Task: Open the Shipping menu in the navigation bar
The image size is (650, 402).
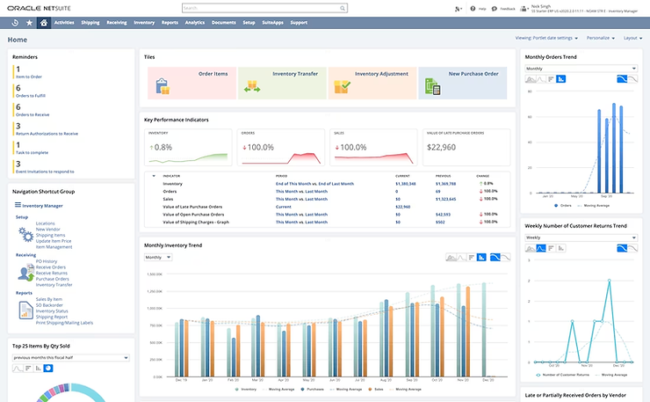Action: [x=90, y=22]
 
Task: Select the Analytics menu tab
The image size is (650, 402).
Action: [x=195, y=22]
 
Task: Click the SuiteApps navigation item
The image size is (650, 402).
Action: [x=274, y=22]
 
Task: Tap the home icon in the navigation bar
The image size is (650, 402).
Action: [x=44, y=22]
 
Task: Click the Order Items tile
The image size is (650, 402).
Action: [x=191, y=84]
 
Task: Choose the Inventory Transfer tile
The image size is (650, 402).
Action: [x=281, y=84]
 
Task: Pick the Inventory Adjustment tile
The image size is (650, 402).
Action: [x=372, y=84]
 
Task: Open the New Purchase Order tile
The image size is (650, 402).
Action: [x=462, y=84]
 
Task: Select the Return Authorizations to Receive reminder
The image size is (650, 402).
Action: [x=46, y=134]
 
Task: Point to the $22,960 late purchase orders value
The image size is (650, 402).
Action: [x=440, y=147]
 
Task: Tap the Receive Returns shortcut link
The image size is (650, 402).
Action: [x=53, y=273]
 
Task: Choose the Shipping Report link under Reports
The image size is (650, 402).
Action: [x=54, y=318]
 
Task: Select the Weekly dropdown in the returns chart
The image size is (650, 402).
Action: [x=580, y=238]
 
